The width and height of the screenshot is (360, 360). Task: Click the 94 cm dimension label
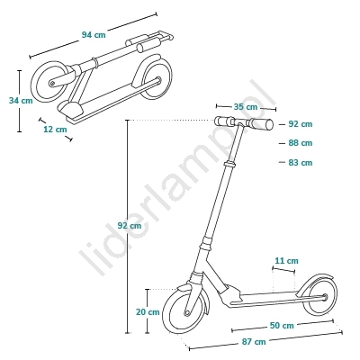(94, 35)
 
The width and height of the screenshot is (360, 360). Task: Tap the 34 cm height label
(21, 101)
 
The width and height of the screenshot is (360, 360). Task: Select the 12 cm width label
(55, 130)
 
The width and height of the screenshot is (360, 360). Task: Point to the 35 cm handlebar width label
(246, 107)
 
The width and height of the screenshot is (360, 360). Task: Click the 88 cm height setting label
(301, 143)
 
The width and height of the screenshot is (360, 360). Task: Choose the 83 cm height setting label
(301, 163)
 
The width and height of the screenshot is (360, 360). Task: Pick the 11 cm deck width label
(287, 261)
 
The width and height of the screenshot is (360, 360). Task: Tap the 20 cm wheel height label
(148, 312)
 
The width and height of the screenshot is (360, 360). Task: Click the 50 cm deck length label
(282, 326)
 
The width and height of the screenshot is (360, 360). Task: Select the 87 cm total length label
(254, 342)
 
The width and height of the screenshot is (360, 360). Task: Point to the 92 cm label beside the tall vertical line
(130, 226)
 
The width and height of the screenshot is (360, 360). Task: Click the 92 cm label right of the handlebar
(301, 124)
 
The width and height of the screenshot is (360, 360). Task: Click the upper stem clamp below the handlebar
(230, 164)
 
